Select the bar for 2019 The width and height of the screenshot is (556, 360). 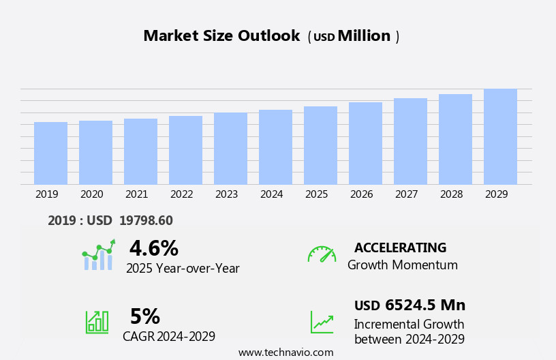[50, 153]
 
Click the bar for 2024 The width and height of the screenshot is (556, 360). [275, 147]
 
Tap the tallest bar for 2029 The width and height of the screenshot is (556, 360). [500, 136]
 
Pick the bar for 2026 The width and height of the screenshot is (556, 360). [365, 143]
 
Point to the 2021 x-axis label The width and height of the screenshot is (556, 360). [136, 194]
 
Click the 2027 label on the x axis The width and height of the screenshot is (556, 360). [406, 194]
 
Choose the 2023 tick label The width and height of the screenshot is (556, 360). [226, 194]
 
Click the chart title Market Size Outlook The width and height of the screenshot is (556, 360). [221, 36]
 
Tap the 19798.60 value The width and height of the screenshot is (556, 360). [146, 220]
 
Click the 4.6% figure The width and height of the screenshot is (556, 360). [153, 248]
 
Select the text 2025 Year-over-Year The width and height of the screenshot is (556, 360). [183, 269]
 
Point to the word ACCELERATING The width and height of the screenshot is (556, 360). [400, 247]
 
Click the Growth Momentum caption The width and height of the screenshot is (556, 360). [402, 265]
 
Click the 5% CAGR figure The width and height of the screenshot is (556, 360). [144, 316]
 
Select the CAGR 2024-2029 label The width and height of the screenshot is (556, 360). [169, 336]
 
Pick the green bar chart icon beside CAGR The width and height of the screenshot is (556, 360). [97, 321]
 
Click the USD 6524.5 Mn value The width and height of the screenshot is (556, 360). [410, 305]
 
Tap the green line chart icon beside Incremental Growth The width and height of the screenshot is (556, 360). [322, 322]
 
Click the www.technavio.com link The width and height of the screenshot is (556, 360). [285, 352]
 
